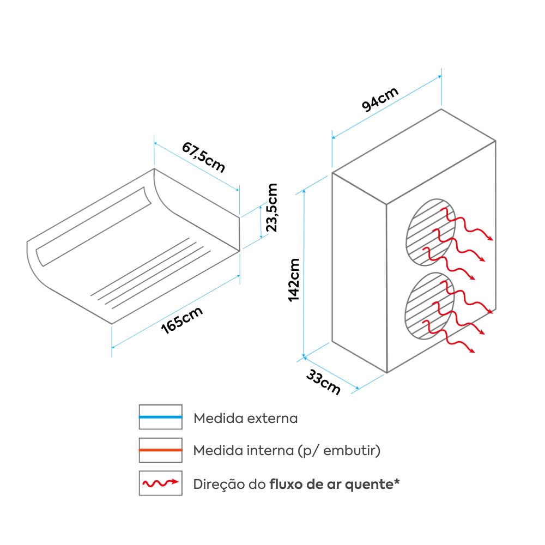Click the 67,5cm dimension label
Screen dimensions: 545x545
pos(203,156)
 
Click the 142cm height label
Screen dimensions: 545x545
pos(294,280)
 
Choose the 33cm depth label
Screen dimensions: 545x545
pos(323,382)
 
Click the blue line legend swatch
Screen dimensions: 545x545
pos(160,417)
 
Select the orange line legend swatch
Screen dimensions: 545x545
pos(160,451)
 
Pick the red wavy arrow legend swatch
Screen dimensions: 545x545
pos(160,483)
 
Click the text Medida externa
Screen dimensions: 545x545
pos(246,419)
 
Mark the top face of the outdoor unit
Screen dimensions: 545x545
pos(414,155)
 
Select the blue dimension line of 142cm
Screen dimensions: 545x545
pos(304,272)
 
